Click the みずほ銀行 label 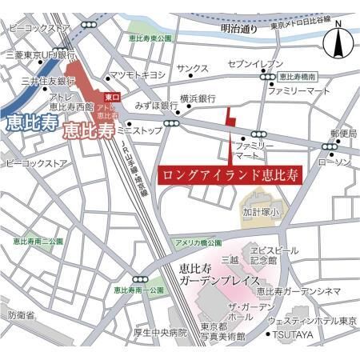(x=155, y=105)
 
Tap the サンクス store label (x=192, y=70)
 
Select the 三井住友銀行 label (x=47, y=81)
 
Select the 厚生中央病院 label (x=160, y=331)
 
